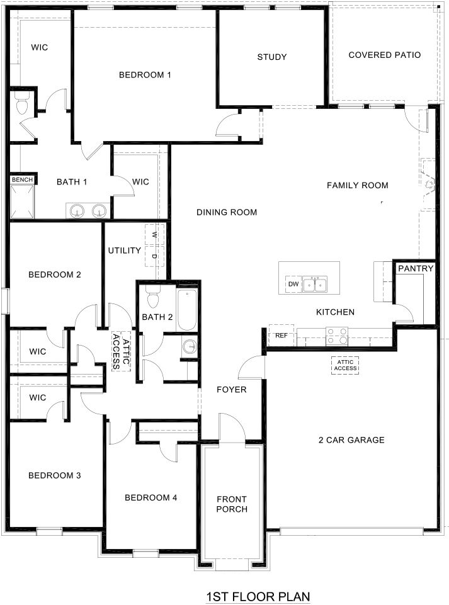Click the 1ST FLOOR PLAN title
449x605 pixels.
[258, 596]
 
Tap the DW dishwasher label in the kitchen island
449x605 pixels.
[293, 285]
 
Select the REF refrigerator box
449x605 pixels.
[281, 336]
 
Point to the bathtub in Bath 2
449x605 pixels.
[188, 309]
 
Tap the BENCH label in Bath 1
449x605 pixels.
[22, 180]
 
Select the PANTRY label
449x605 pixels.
[416, 269]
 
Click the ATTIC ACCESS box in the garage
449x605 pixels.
[345, 365]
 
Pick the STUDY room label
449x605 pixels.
[272, 57]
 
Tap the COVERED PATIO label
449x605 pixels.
[384, 55]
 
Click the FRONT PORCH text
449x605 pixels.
[232, 504]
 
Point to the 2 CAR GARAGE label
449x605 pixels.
[351, 440]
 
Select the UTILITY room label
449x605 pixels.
[124, 251]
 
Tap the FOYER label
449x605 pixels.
[231, 390]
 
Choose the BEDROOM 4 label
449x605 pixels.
[151, 497]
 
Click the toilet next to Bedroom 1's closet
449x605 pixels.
[23, 105]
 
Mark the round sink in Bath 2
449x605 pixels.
[188, 346]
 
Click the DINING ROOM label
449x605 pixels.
[227, 212]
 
